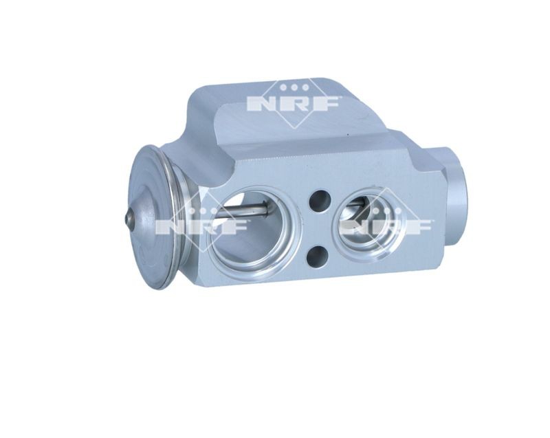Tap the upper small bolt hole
coord(320,201)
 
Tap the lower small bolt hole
coord(318,256)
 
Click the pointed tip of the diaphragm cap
coord(129,219)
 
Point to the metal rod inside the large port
coord(239,212)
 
